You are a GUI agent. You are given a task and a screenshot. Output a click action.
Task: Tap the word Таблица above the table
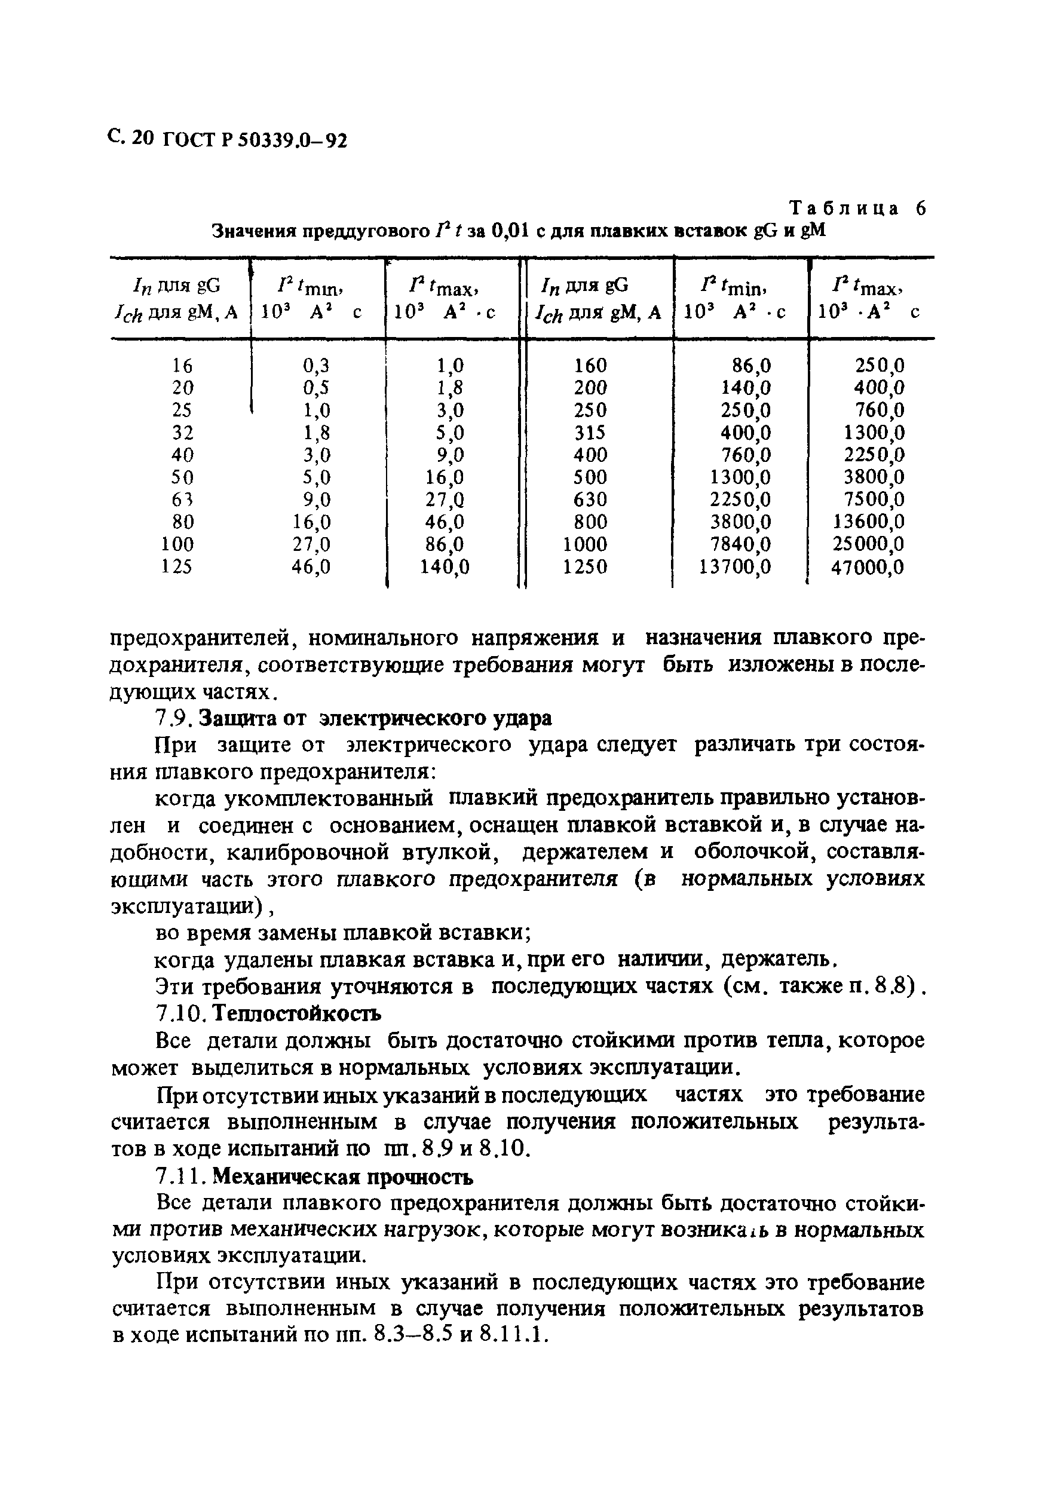click(x=844, y=209)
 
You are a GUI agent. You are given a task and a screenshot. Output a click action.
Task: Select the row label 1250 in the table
click(x=585, y=567)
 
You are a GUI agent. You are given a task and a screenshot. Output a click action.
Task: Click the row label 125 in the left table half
click(x=176, y=567)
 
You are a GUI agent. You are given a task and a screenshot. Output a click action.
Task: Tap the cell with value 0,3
click(x=316, y=366)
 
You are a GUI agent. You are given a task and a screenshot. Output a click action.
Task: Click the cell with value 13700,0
click(x=736, y=567)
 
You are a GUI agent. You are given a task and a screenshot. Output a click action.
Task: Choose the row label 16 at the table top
click(x=182, y=366)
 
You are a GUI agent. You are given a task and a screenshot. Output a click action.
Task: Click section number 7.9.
click(x=173, y=719)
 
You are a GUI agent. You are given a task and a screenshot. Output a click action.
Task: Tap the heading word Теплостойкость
click(x=296, y=1013)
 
